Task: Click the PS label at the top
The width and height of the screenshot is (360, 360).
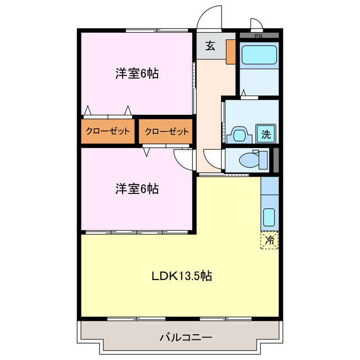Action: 258,37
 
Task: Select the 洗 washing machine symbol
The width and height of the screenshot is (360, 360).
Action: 265,134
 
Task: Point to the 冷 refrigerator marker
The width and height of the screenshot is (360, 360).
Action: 270,240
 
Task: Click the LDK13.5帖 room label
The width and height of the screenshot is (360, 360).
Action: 182,276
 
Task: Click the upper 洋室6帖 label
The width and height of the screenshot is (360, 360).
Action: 137,73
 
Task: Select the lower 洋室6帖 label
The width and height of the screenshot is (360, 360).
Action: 137,189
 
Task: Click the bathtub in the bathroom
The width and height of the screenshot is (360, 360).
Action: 258,56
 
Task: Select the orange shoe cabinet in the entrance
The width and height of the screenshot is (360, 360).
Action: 231,51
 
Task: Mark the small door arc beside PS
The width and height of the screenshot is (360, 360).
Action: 256,24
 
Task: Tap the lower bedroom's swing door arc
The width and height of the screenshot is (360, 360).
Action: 183,158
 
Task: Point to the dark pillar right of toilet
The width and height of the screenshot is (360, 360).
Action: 276,160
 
